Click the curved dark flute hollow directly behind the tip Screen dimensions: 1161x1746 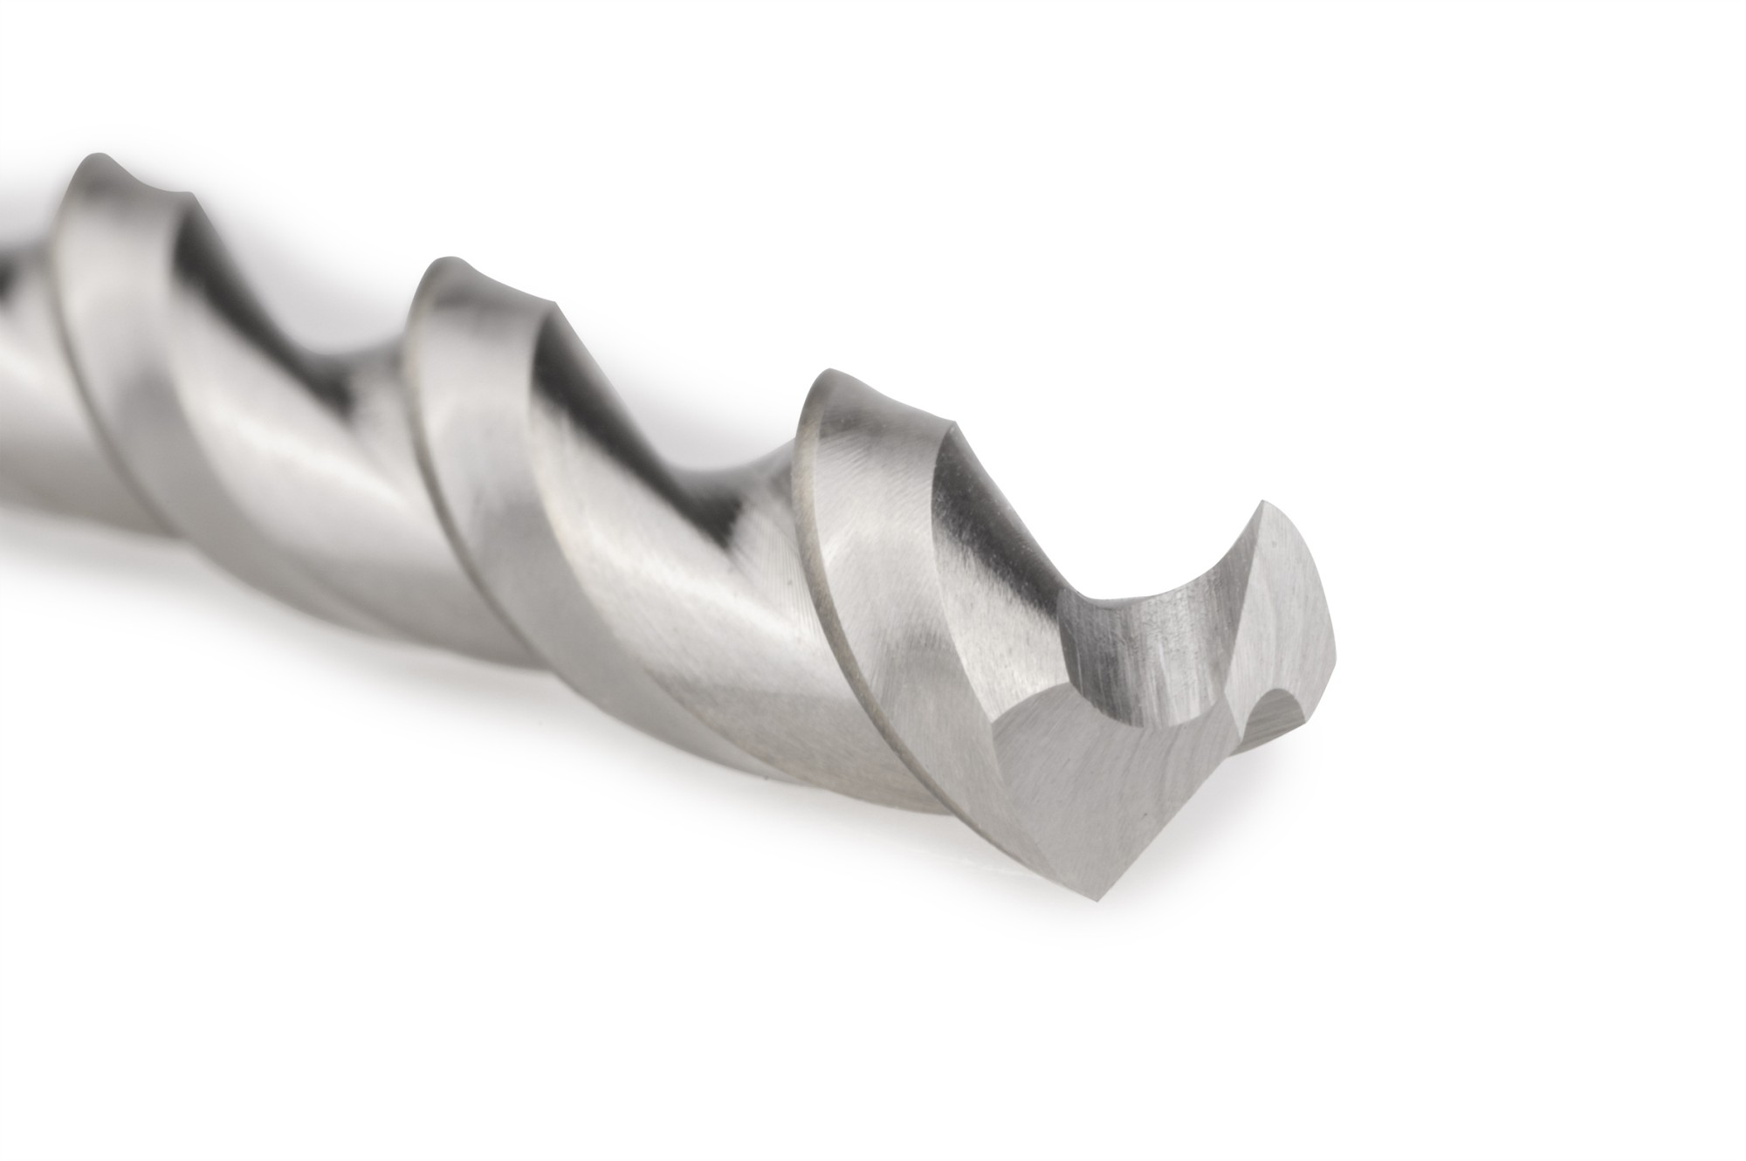coord(1126,646)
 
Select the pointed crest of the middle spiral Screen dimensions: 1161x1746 coord(450,263)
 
